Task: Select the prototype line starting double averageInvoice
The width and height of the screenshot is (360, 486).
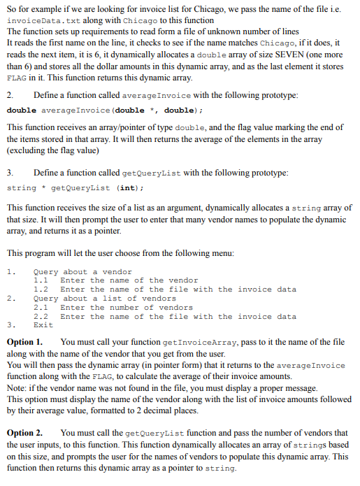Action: tap(105, 110)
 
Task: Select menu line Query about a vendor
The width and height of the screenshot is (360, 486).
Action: tap(82, 271)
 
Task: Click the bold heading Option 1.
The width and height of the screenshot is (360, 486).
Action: tap(24, 343)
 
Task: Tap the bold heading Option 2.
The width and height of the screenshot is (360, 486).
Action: tap(24, 434)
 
